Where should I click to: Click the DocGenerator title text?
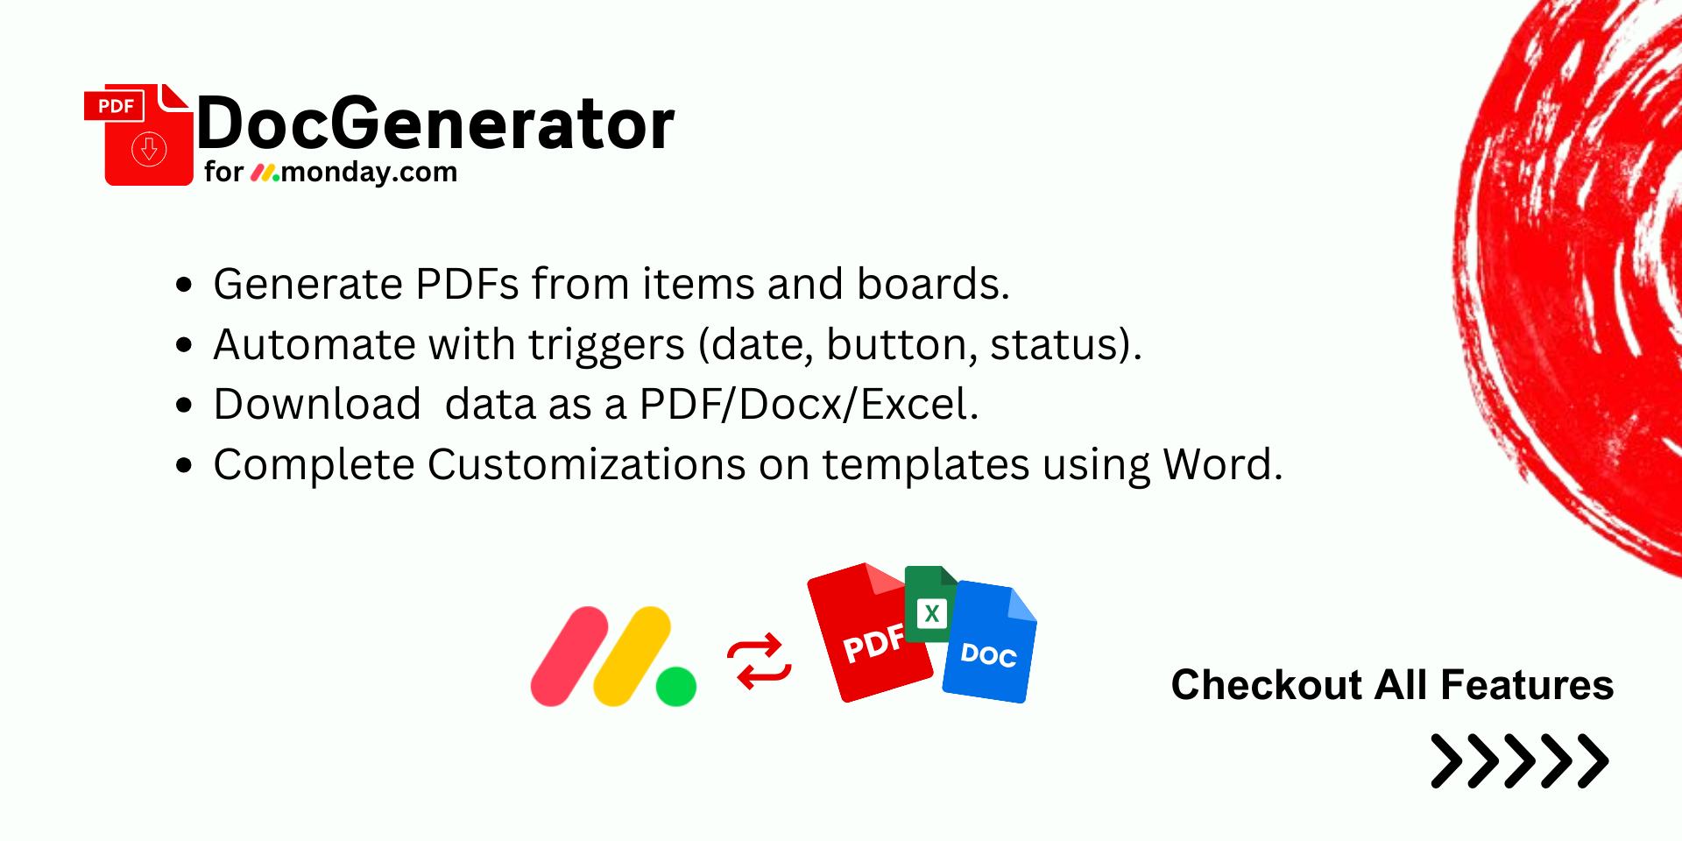(x=435, y=124)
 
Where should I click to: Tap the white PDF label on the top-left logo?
(x=116, y=106)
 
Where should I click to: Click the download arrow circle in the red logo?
(x=149, y=149)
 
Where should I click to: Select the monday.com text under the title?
(x=369, y=172)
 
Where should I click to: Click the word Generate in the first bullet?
(x=307, y=284)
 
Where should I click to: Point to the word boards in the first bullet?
(x=933, y=284)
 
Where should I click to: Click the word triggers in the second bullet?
(x=606, y=345)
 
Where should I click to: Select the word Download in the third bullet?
(x=317, y=404)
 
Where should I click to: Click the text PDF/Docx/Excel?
(x=809, y=404)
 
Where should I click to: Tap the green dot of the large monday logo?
(x=676, y=686)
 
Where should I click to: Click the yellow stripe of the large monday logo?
(x=633, y=656)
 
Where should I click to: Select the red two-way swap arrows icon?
(x=760, y=661)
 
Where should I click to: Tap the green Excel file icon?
(x=930, y=604)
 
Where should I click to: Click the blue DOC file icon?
(x=990, y=641)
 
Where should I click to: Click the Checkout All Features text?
(x=1392, y=685)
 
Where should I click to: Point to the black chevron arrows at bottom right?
(x=1520, y=760)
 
